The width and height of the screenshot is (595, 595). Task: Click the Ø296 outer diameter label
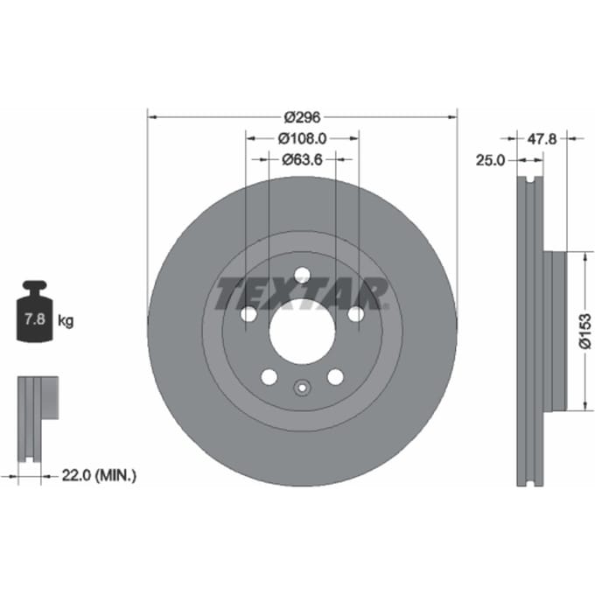(303, 117)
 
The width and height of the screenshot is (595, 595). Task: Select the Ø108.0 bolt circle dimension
(302, 138)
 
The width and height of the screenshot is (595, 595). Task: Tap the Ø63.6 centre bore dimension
(302, 159)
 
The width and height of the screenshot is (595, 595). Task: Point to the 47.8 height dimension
(542, 139)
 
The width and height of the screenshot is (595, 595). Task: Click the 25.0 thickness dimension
(490, 160)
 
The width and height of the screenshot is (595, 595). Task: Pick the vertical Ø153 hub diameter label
(584, 331)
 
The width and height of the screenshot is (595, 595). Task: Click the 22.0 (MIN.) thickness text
(99, 475)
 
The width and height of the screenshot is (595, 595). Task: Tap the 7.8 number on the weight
(35, 319)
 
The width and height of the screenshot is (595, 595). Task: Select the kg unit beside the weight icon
(66, 321)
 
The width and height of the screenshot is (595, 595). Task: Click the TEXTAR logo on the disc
(302, 293)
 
